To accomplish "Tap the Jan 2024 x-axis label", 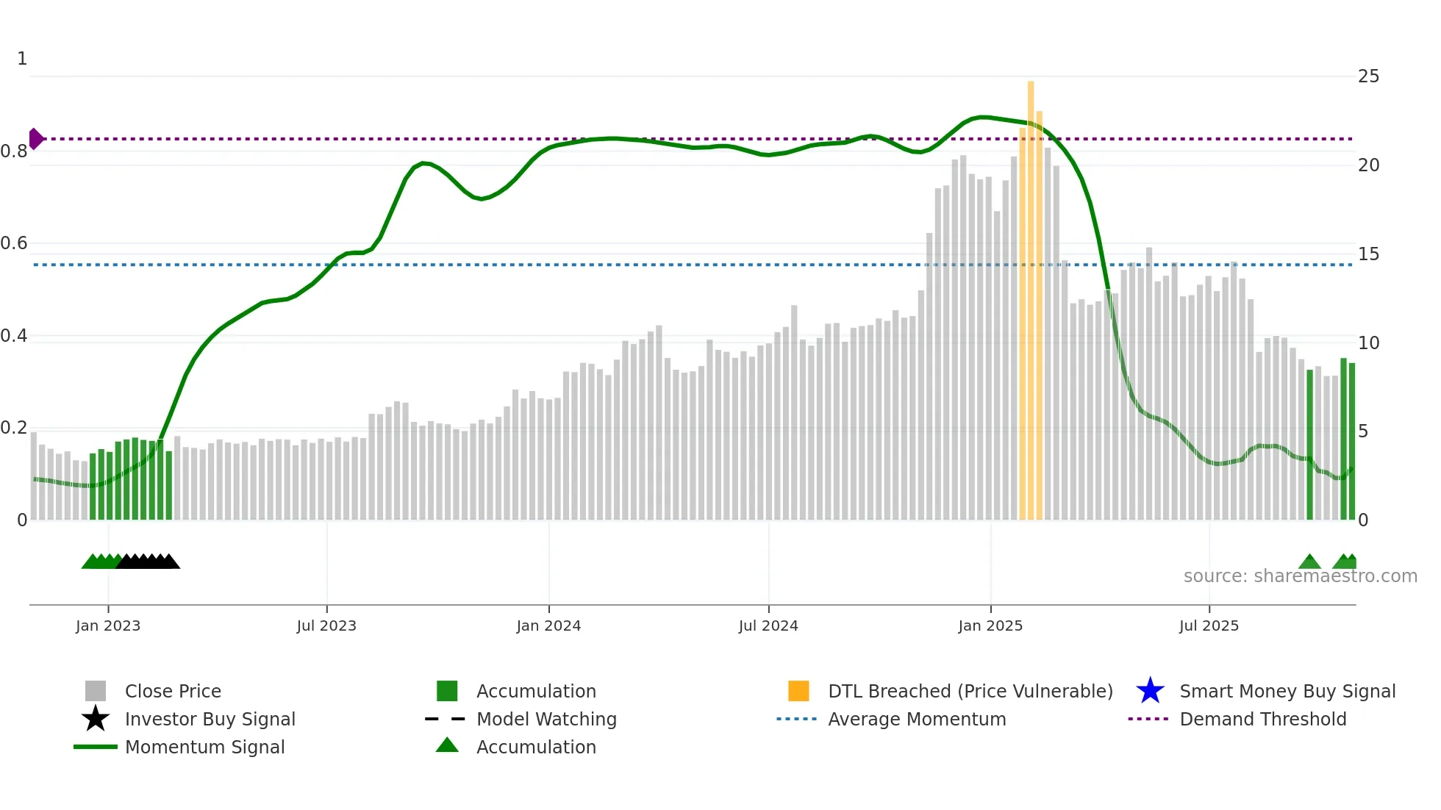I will click(x=548, y=626).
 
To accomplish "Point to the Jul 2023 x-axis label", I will click(x=326, y=626).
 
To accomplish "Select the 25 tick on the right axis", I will click(x=1368, y=76).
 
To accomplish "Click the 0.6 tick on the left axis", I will click(x=15, y=243).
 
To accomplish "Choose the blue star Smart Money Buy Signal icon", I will click(x=1150, y=691).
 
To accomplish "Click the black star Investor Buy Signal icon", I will click(x=96, y=719).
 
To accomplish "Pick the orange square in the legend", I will click(x=798, y=691).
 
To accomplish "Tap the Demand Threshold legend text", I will click(x=1262, y=719).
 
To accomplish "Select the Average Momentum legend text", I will click(x=917, y=719).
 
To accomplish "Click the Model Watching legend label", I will click(x=546, y=719).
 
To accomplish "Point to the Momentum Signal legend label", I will click(x=204, y=747).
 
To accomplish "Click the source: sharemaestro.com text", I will click(x=1300, y=576).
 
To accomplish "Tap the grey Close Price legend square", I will click(x=96, y=691).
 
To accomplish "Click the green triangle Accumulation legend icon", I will click(x=447, y=745).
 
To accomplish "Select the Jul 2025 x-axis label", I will click(x=1209, y=626).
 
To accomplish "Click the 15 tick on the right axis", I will click(x=1368, y=254).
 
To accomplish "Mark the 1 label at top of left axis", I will click(x=22, y=59).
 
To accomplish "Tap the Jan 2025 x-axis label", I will click(x=990, y=626).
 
